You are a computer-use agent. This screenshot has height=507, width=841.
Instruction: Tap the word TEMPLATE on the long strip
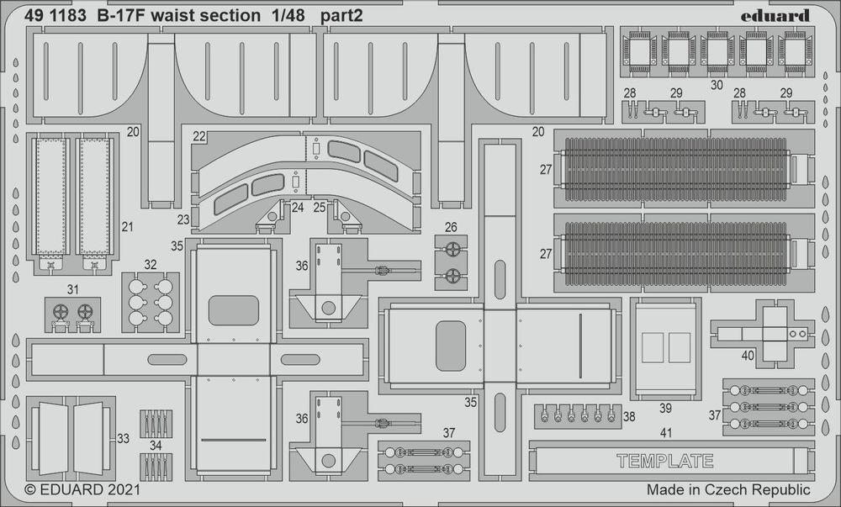[664, 461]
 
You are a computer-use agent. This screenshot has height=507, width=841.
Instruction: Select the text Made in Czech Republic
[728, 489]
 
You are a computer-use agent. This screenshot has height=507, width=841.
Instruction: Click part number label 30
[716, 85]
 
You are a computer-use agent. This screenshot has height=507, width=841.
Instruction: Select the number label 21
[128, 226]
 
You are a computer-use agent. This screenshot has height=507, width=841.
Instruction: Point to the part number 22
[198, 136]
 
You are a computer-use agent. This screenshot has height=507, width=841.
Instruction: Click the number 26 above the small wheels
[451, 226]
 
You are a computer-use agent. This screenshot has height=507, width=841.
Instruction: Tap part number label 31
[73, 290]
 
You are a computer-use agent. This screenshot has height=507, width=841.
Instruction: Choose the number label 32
[151, 264]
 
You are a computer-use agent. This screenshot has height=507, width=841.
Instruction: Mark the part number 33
[124, 438]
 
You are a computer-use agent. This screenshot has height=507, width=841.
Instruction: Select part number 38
[629, 415]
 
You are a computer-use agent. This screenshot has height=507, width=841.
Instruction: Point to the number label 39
[665, 408]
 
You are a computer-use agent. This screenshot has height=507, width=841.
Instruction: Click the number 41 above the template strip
[666, 433]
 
